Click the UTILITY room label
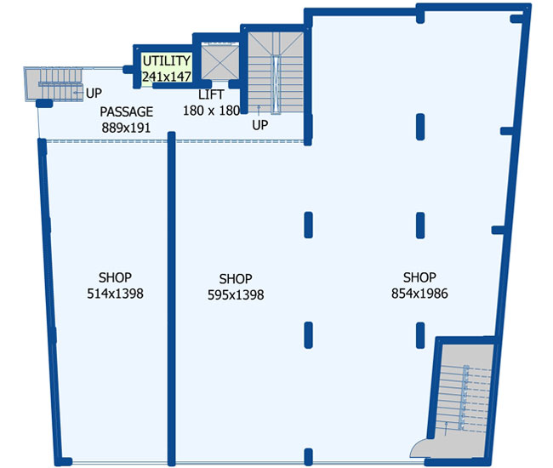click(x=167, y=60)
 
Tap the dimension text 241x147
click(x=167, y=77)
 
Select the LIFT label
click(x=211, y=94)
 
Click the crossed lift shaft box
click(x=219, y=62)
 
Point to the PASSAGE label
click(x=126, y=111)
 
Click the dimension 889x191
click(x=126, y=128)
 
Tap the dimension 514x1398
click(x=115, y=294)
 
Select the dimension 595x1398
click(x=236, y=294)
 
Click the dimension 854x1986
click(x=419, y=294)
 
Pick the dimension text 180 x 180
click(x=211, y=111)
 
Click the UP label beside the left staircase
click(x=94, y=93)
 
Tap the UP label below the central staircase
click(x=260, y=125)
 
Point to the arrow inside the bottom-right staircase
click(x=446, y=429)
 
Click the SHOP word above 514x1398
click(x=115, y=277)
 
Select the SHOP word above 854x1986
click(x=419, y=277)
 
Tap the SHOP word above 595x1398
click(x=236, y=279)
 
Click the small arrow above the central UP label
click(x=259, y=111)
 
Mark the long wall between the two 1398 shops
click(x=171, y=299)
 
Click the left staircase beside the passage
click(x=54, y=84)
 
